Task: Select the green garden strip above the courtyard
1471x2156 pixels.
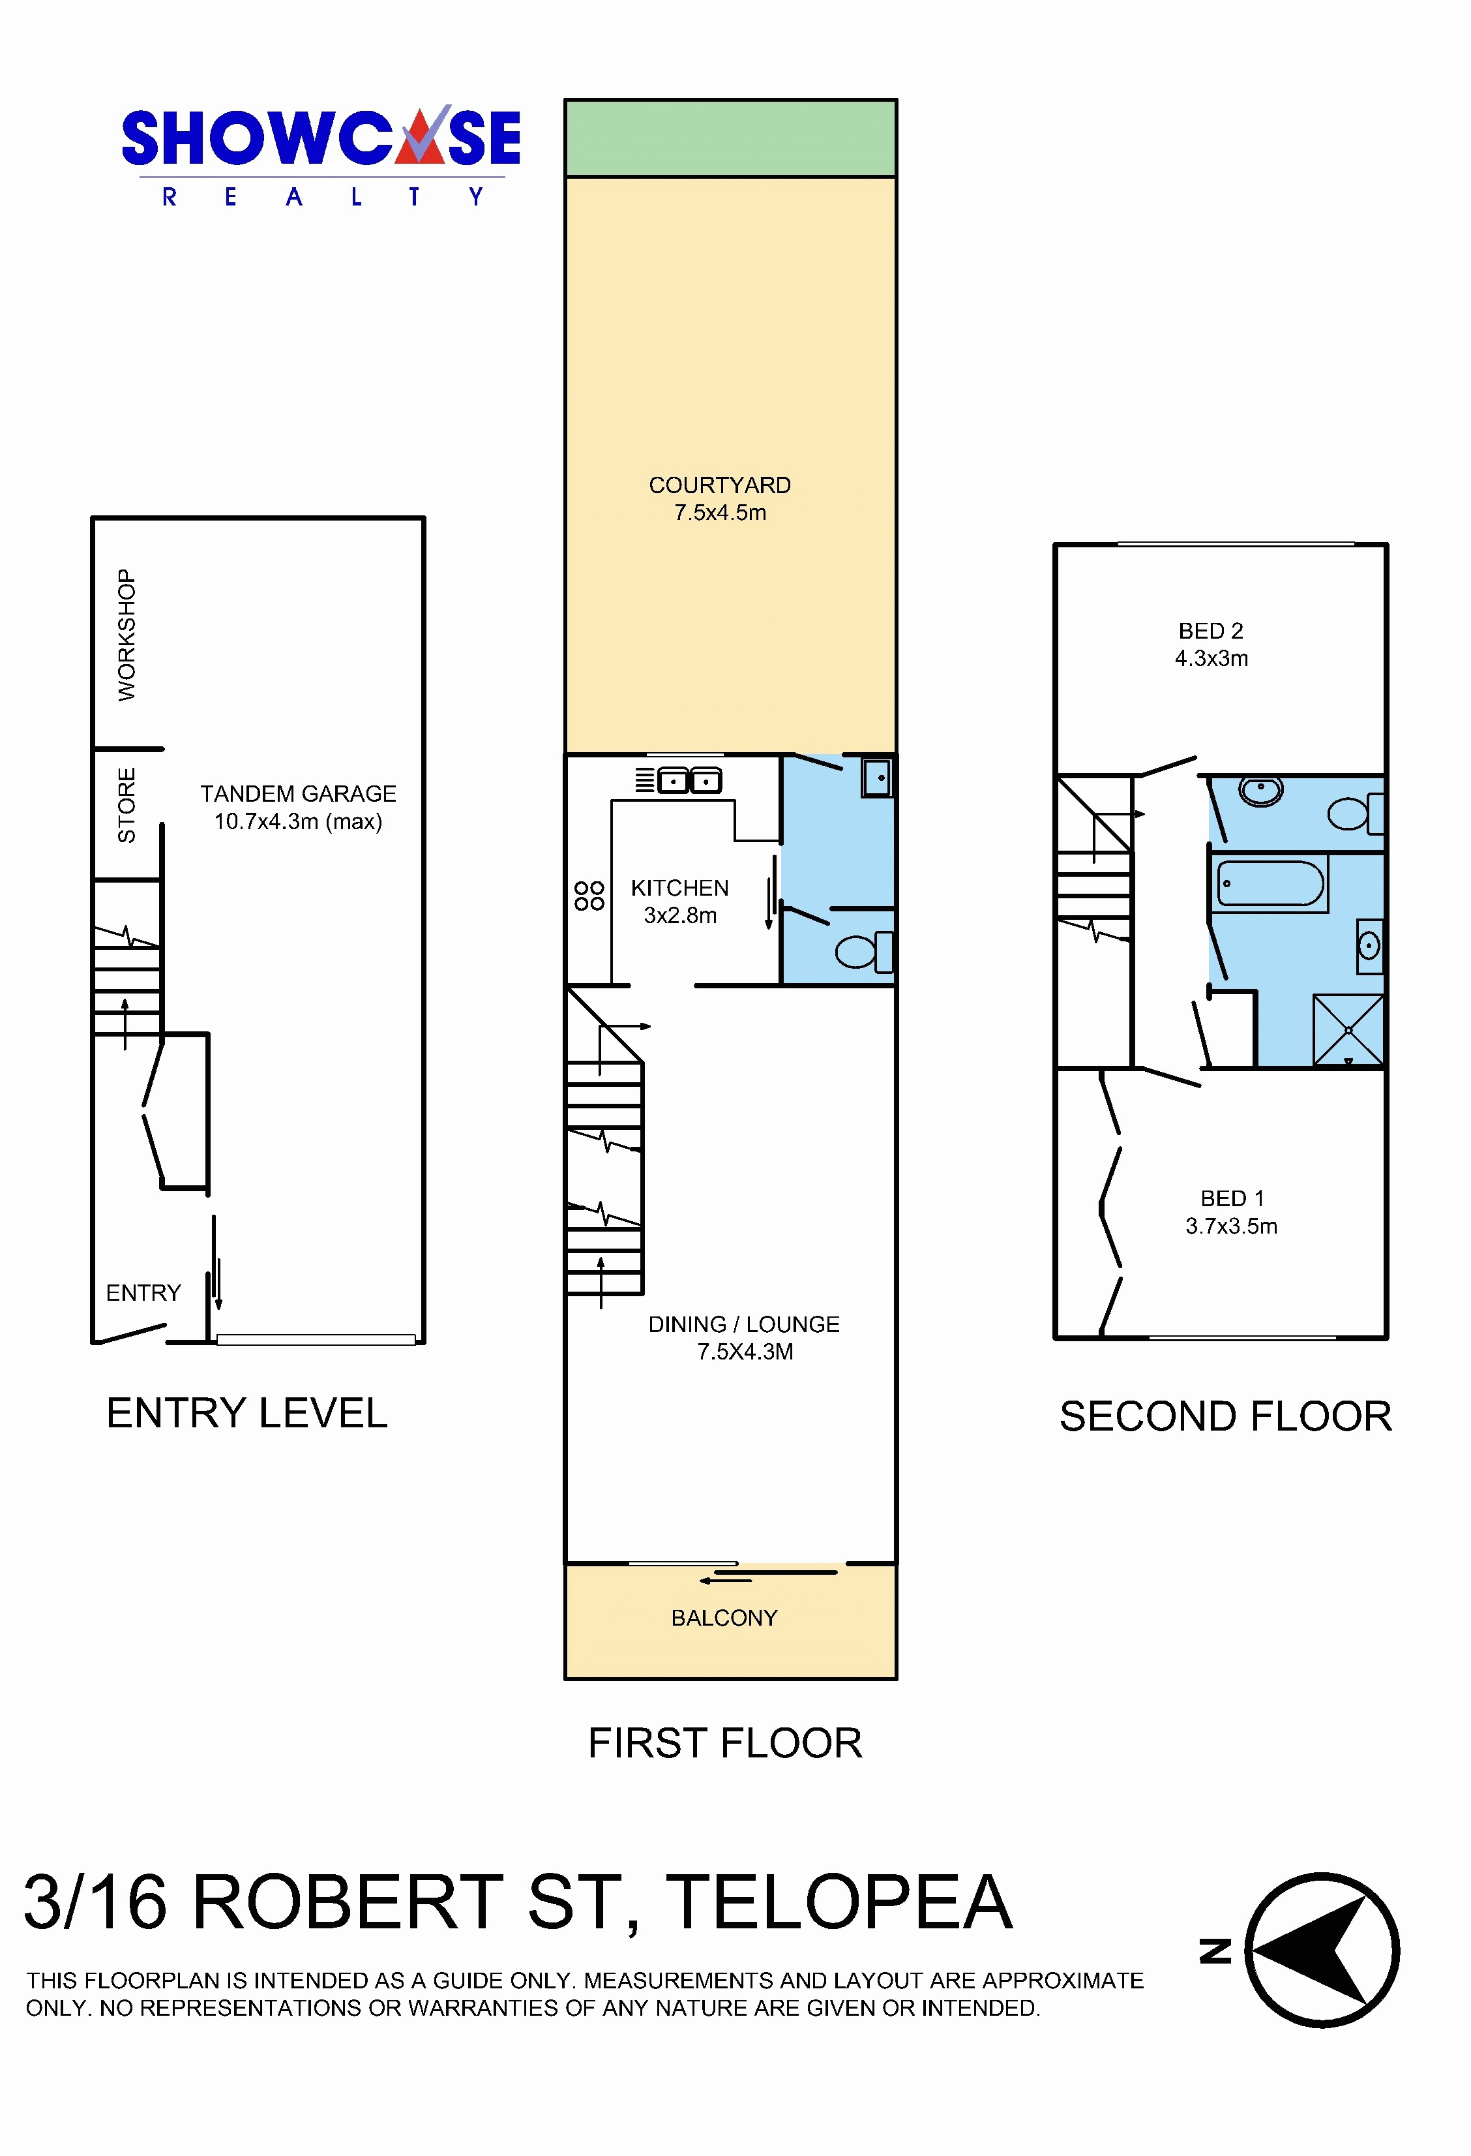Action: click(x=731, y=137)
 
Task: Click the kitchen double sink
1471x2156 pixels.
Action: click(x=689, y=781)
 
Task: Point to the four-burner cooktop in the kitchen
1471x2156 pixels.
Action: click(x=589, y=895)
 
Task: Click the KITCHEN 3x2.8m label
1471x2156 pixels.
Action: click(x=680, y=901)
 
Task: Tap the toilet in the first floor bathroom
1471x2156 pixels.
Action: click(x=865, y=952)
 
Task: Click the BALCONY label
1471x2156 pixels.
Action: click(x=724, y=1618)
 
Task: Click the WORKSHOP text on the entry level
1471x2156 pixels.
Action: click(x=126, y=635)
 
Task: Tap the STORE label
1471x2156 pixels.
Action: click(x=126, y=805)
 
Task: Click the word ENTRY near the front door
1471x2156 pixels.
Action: click(x=143, y=1292)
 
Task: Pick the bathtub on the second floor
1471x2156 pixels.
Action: click(x=1270, y=883)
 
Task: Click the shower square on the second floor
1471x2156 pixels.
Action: click(x=1348, y=1031)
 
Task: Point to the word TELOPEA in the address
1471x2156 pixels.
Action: click(x=839, y=1903)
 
